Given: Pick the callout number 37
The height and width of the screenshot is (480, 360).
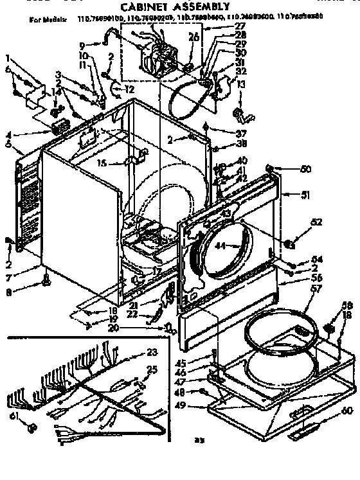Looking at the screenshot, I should [223, 133].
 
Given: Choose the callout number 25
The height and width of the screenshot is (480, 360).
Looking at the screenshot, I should [152, 369].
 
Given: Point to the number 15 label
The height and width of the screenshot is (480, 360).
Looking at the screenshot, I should [102, 164].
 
